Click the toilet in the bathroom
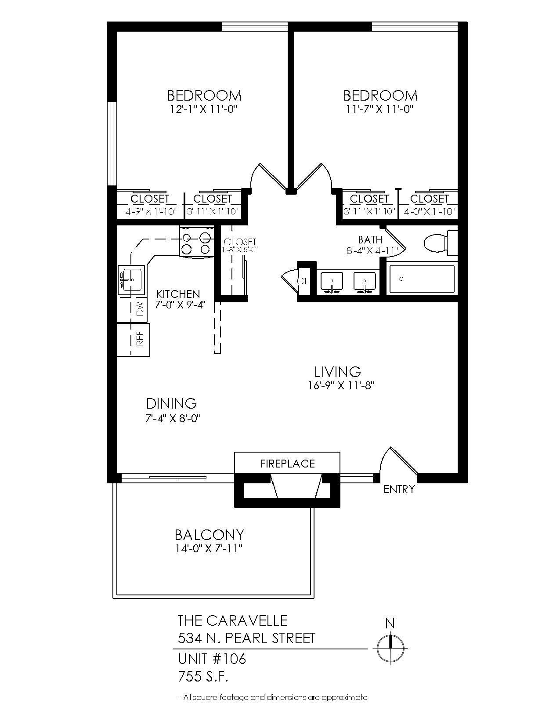[x=440, y=243]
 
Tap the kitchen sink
[x=131, y=279]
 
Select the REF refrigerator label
[x=140, y=338]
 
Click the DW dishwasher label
[x=140, y=308]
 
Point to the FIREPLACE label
[x=288, y=464]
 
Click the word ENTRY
[x=399, y=489]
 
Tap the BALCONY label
[x=210, y=535]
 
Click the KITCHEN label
[x=178, y=294]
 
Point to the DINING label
[x=171, y=404]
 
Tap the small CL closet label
[x=303, y=281]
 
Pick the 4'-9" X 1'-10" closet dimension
[x=151, y=211]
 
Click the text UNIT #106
[x=212, y=659]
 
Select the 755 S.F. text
[x=203, y=677]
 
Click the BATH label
[x=370, y=239]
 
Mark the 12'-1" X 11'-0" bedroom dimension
[x=204, y=109]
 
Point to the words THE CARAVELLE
[x=232, y=620]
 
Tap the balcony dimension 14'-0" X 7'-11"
[x=209, y=549]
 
